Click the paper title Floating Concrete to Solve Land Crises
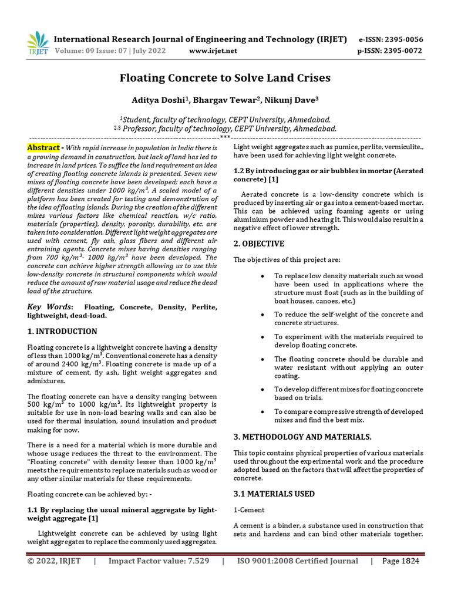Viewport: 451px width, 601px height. coord(225,78)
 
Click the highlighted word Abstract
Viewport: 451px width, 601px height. coord(43,148)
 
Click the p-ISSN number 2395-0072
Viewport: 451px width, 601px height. coord(402,50)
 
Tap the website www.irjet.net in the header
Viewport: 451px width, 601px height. coord(213,50)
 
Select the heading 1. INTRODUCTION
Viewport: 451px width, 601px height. coord(62,331)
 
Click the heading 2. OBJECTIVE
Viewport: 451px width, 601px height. coord(259,244)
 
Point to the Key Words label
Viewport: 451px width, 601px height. coord(51,307)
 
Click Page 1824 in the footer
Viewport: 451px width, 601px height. coord(400,561)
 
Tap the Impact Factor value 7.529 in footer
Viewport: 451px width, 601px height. coord(159,561)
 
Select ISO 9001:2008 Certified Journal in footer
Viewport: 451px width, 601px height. coord(297,561)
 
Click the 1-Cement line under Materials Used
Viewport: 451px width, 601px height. coord(249,510)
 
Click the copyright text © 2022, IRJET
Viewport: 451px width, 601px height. coord(55,561)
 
